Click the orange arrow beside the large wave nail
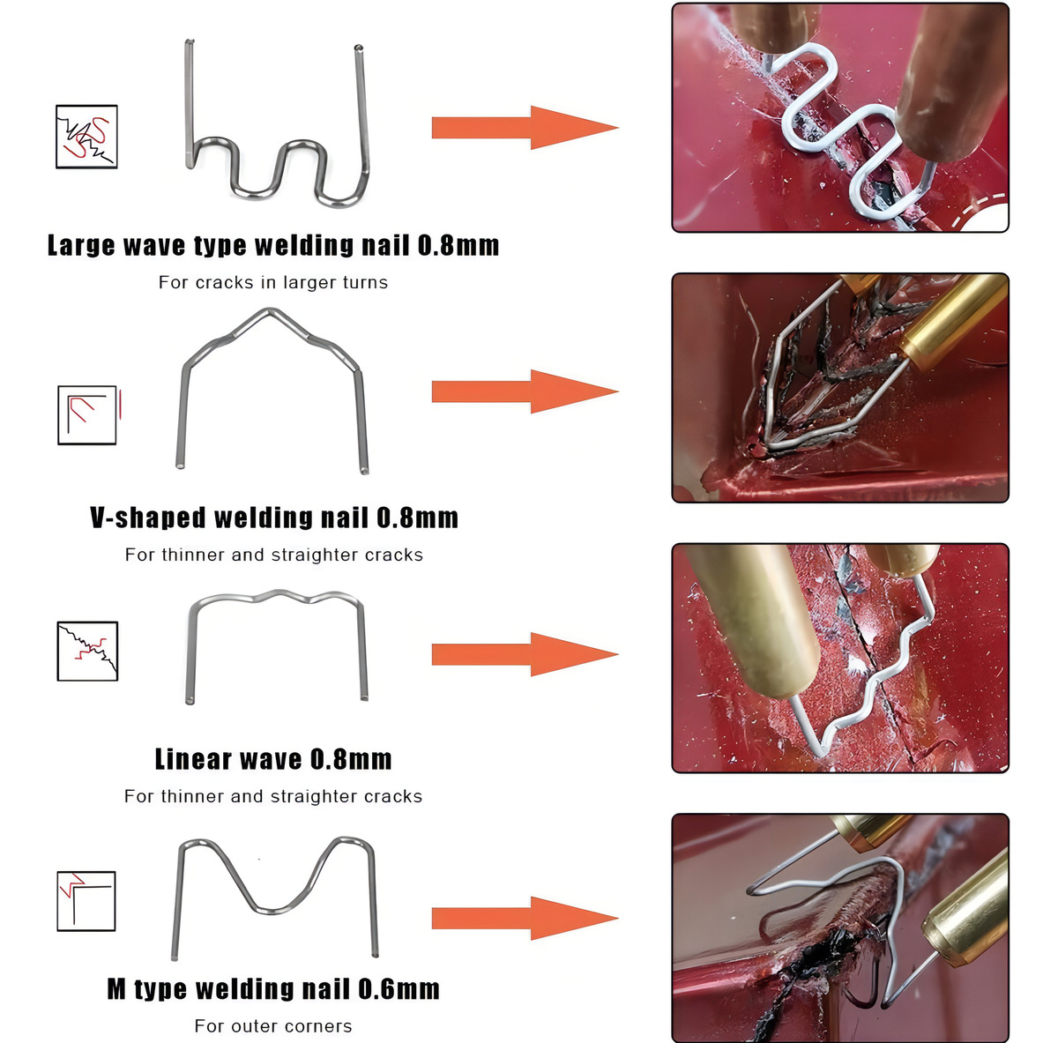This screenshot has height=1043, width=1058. click(x=524, y=128)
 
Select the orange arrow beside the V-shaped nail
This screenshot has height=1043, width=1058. click(x=524, y=392)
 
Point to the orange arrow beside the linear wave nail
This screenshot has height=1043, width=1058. click(x=524, y=654)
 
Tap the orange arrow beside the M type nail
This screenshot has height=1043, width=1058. click(x=524, y=919)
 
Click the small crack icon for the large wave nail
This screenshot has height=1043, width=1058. click(x=86, y=137)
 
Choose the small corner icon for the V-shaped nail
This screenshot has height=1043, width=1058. click(x=87, y=414)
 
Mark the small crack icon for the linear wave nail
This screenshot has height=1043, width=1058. click(x=87, y=652)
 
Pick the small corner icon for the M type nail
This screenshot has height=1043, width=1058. click(x=86, y=901)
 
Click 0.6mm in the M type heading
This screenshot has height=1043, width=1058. click(x=399, y=989)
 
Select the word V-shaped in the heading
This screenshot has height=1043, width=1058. click(x=147, y=518)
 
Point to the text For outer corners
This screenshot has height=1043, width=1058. click(x=273, y=1026)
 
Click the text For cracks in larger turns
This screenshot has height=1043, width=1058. click(x=273, y=283)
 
